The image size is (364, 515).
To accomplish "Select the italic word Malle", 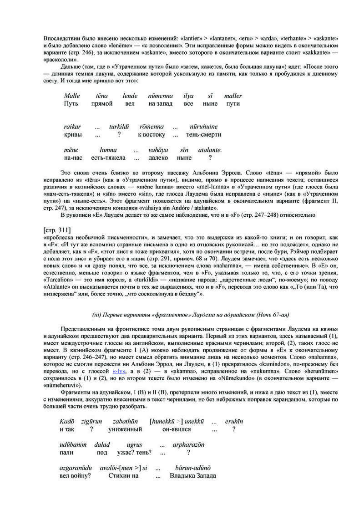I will click(x=72, y=96).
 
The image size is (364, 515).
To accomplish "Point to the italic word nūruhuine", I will click(x=204, y=127).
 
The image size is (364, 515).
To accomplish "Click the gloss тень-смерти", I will click(x=204, y=135).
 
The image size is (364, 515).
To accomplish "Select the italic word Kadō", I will click(x=66, y=421).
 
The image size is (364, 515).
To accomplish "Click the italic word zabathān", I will click(x=120, y=421).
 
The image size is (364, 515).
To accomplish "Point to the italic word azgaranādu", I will click(x=76, y=468).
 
